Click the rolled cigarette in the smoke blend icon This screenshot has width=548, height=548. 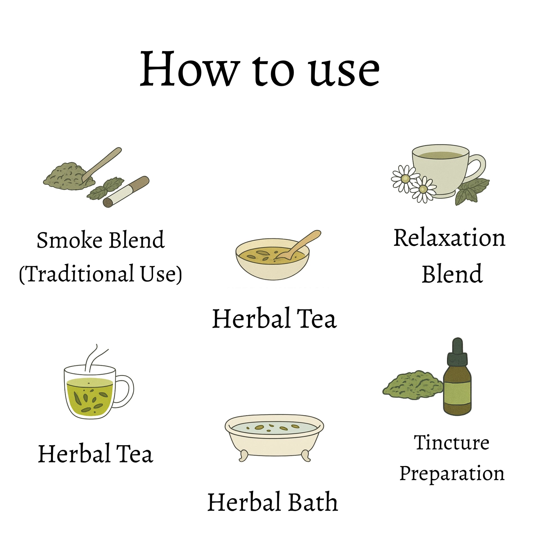(x=126, y=192)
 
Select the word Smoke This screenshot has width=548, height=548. (x=70, y=240)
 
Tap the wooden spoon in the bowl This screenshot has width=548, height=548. (x=298, y=244)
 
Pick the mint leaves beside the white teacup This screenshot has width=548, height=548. (x=472, y=191)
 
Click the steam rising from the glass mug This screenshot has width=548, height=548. (x=95, y=358)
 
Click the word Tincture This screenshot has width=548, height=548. (x=452, y=443)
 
